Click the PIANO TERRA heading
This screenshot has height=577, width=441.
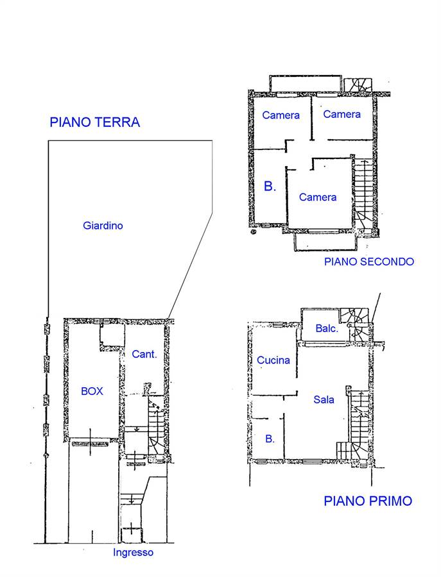pos(95,122)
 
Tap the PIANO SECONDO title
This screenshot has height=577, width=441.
pos(369,262)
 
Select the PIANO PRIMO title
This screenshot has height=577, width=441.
pos(368,501)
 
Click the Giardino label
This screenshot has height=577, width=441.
pos(103,225)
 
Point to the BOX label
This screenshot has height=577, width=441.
pos(92,391)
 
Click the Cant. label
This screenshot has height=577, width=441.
pos(144,354)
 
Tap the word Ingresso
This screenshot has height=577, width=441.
pos(133,553)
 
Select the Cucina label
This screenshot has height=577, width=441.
pos(273,360)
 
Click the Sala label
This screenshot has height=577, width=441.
pos(324,399)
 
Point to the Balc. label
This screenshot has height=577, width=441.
pos(327,328)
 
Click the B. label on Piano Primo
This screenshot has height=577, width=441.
pos(270,439)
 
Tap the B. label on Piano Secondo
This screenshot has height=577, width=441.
pos(270,186)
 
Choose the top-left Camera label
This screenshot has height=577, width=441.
pos(281,115)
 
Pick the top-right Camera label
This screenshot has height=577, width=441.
pos(342,114)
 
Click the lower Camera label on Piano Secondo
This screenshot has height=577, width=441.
pos(318,197)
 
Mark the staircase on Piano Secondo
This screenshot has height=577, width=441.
pos(363,194)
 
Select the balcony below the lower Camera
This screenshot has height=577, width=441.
pos(325,242)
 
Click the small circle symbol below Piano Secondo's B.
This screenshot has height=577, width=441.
pos(253,232)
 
